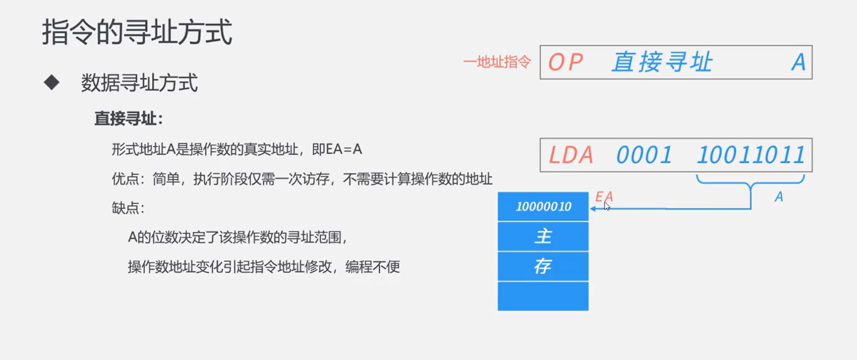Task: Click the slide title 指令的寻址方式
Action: [137, 32]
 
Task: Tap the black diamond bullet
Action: [51, 82]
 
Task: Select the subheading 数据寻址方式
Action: [139, 83]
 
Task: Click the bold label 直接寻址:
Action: [128, 119]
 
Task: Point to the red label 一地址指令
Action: [497, 62]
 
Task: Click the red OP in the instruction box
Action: [565, 63]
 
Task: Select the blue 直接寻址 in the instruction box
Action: [662, 63]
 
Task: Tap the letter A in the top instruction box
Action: [798, 63]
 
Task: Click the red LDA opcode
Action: [571, 155]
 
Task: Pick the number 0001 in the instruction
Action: [643, 155]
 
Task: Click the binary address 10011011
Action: [751, 155]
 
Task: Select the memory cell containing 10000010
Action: [543, 207]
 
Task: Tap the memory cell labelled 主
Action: [543, 237]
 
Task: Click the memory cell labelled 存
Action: [543, 266]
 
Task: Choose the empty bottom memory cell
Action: [543, 296]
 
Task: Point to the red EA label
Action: [603, 197]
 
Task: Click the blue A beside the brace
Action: [779, 197]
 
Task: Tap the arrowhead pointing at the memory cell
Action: [593, 209]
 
